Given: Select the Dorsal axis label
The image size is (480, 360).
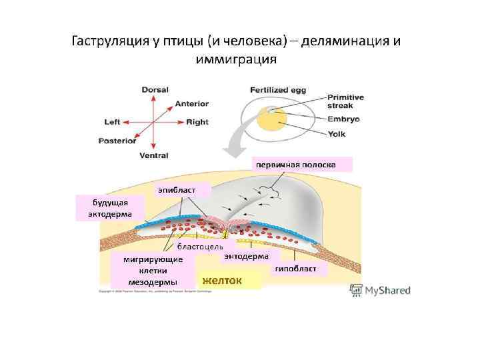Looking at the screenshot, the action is click(154, 89).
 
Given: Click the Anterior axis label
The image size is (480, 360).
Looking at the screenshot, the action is click(192, 104).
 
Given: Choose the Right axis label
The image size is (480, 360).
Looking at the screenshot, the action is click(197, 122).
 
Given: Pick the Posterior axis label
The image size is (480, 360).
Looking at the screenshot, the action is click(117, 141).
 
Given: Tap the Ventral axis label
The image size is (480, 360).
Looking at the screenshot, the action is click(154, 156).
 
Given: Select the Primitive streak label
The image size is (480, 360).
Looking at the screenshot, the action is click(345, 101).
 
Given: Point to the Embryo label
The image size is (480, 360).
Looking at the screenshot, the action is click(343, 119).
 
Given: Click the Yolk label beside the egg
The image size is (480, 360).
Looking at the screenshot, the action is click(336, 134).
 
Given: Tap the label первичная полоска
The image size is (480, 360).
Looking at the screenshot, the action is click(302, 164).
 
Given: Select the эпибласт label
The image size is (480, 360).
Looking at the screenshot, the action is click(177, 191).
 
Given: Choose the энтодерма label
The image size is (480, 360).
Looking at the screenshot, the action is click(247, 256).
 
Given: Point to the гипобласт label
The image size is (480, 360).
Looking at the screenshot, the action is click(299, 269).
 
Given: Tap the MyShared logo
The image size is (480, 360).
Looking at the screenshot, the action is click(379, 290).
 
